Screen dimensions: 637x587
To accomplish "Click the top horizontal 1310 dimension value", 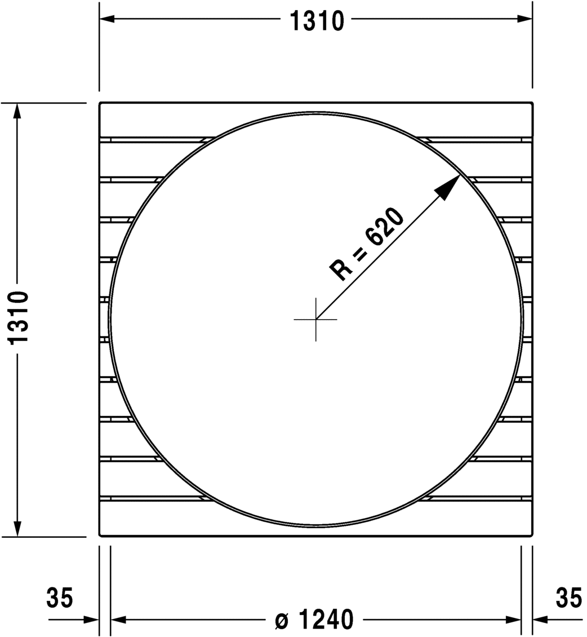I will tap(316, 21).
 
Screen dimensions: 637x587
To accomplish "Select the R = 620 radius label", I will tap(367, 244).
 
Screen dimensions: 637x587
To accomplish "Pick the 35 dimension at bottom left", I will tap(60, 598).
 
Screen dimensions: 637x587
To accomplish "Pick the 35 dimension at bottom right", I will tap(568, 598).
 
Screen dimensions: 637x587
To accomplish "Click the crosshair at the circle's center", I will tap(315, 319).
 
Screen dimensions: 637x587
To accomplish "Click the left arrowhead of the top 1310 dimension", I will tap(108, 19).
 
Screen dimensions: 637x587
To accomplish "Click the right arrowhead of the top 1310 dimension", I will tap(524, 19).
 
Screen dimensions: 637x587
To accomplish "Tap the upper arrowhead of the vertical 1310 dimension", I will tap(17, 112).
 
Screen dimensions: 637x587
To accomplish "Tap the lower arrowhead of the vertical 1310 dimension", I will tap(17, 528).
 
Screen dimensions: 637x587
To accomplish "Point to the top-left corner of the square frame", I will tap(100, 104).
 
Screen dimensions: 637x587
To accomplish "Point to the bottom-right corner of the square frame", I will tap(532, 536).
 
